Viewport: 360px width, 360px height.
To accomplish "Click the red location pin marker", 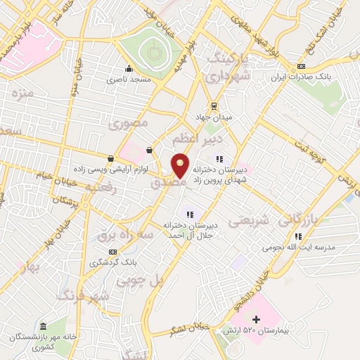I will (181, 166).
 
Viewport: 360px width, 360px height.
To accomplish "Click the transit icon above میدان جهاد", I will (214, 106).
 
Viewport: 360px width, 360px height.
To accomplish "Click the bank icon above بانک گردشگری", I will (110, 251).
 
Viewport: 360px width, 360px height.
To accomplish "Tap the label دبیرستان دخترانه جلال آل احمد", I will (188, 229).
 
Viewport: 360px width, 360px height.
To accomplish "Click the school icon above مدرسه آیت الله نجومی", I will (298, 236).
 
